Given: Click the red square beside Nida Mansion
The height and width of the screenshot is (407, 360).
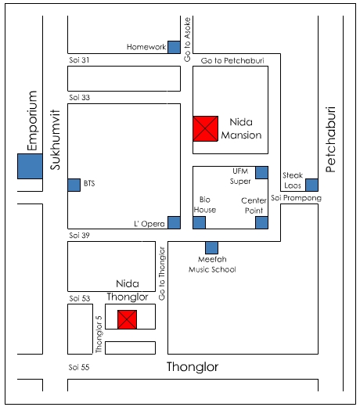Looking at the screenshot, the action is coord(205,128).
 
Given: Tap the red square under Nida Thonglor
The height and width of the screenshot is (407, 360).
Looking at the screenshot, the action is coord(127,319).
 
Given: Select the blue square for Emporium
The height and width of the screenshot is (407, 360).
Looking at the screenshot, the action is coord(30,166).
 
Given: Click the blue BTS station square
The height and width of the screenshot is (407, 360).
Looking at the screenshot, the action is coord(74,185).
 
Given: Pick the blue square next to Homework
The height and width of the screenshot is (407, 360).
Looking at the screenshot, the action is coord(174,47).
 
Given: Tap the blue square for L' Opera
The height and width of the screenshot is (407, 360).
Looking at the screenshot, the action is coord(174,222).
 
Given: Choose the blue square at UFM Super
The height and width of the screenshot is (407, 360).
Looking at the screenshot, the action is coord(261,172).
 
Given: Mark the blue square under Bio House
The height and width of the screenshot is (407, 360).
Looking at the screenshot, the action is coord(200,222).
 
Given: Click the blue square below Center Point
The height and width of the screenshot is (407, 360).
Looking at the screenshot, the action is coord(261,222).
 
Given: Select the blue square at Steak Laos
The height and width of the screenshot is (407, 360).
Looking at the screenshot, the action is coord(311,185).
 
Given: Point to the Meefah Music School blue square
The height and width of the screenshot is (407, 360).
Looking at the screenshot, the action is coord(211,247).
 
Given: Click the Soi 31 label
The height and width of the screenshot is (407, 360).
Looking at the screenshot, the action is coord(79,60).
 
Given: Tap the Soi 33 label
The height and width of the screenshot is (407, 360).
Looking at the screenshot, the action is coord(80,98).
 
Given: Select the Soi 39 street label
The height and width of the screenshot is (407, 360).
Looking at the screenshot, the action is coord(80,236).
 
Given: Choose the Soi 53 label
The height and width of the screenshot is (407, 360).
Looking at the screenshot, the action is coord(80,298).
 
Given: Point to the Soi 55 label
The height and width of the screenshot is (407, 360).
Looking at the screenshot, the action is coord(79,367).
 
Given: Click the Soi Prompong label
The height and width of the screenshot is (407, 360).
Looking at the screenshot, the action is coord(297,198).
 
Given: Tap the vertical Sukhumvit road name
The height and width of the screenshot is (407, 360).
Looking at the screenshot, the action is coord(56,140).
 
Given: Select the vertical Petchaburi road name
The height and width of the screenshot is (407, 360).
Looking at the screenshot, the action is coord(330,139).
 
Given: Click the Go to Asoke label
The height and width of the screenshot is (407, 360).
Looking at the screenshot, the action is coord(187,40).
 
